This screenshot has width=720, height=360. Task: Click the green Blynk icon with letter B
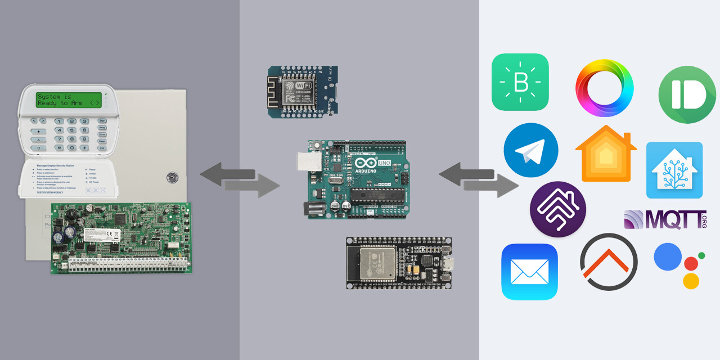coord(520,82)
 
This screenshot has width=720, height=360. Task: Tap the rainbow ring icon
coord(604,88)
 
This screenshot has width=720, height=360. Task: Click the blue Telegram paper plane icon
coord(530,150)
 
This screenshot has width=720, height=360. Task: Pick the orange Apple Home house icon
coord(606,154)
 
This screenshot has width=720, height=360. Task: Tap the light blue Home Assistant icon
coord(674,170)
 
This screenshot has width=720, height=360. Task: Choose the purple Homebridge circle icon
coord(557,209)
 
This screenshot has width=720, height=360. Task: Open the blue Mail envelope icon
coord(529,272)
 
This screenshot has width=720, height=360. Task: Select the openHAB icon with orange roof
coord(608,262)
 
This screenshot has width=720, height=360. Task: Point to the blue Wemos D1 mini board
coord(302,91)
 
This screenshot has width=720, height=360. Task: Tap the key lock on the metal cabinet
coord(171,177)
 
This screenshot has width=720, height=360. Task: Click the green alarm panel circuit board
coord(120,238)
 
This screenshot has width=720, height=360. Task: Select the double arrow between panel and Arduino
coord(240,179)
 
